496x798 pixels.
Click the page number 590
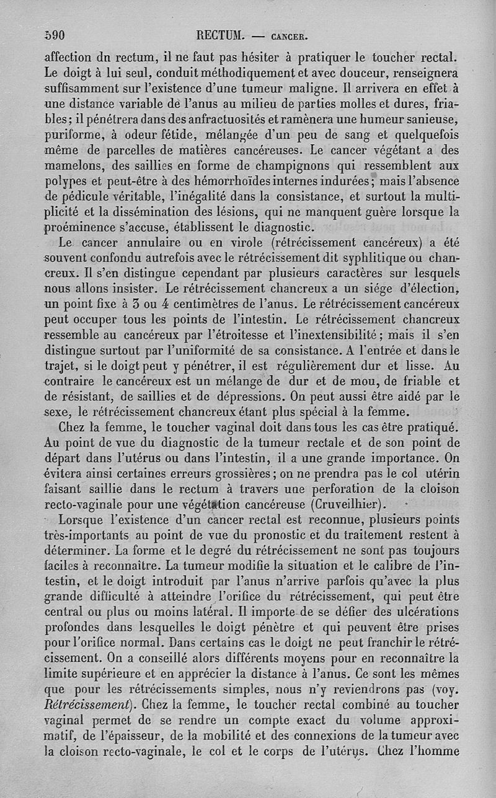point(55,35)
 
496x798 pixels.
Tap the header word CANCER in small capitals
point(286,36)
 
